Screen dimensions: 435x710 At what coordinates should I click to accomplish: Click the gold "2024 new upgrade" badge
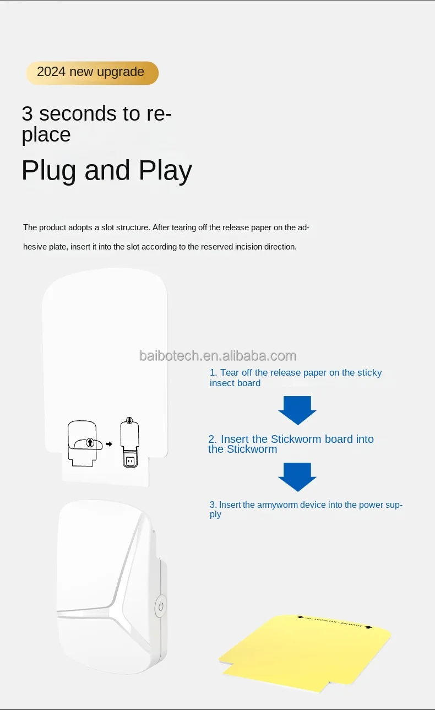pyautogui.click(x=91, y=73)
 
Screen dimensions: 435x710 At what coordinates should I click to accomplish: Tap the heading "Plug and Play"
pyautogui.click(x=106, y=171)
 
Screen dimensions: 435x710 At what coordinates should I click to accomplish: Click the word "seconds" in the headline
pyautogui.click(x=78, y=113)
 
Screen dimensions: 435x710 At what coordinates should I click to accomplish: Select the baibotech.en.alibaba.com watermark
pyautogui.click(x=218, y=356)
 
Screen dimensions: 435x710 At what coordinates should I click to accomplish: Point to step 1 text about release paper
pyautogui.click(x=295, y=378)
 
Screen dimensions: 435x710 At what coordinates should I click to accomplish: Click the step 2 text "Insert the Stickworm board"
pyautogui.click(x=291, y=444)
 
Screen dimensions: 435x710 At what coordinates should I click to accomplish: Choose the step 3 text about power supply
pyautogui.click(x=306, y=509)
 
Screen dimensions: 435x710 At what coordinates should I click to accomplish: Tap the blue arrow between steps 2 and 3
pyautogui.click(x=297, y=476)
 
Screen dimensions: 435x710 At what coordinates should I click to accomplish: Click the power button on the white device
pyautogui.click(x=160, y=606)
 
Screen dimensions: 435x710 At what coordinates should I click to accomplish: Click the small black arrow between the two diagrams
pyautogui.click(x=108, y=444)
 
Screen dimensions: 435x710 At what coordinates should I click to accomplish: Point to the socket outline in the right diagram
pyautogui.click(x=130, y=460)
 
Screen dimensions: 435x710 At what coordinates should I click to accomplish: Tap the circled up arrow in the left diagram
pyautogui.click(x=90, y=442)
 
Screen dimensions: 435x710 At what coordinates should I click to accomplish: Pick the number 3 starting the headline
pyautogui.click(x=28, y=113)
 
